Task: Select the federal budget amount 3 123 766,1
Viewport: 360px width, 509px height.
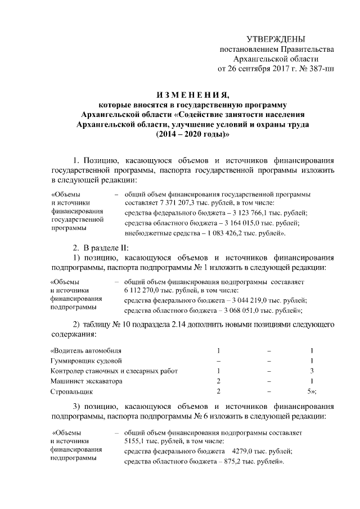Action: click(x=243, y=213)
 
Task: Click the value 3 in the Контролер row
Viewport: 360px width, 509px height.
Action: click(x=312, y=371)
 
